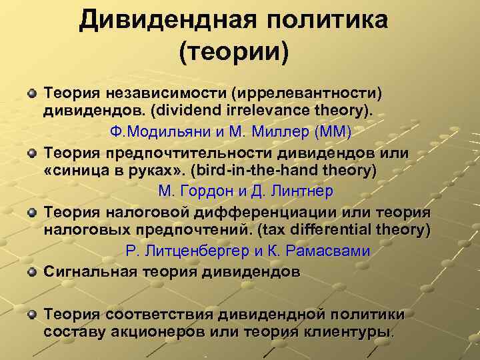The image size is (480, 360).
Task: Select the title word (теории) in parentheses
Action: pos(234,52)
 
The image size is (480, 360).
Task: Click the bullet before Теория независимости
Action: pos(32,89)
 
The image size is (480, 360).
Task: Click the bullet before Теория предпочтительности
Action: pos(32,153)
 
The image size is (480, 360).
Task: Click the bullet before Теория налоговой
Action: pos(32,213)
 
